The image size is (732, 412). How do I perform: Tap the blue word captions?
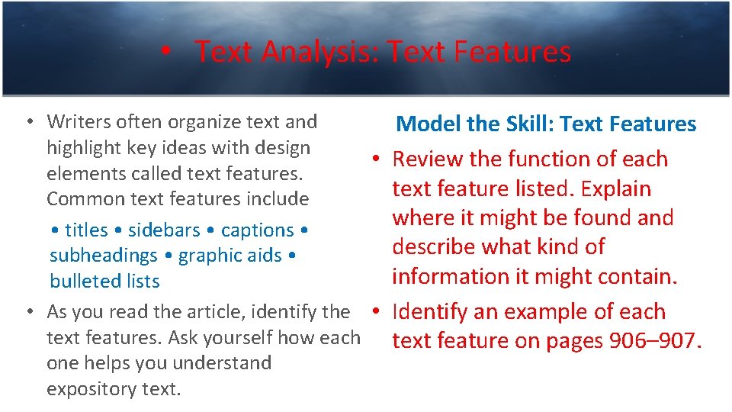[257, 230]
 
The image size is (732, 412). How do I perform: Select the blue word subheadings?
[103, 256]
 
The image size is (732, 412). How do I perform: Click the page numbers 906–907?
[655, 341]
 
